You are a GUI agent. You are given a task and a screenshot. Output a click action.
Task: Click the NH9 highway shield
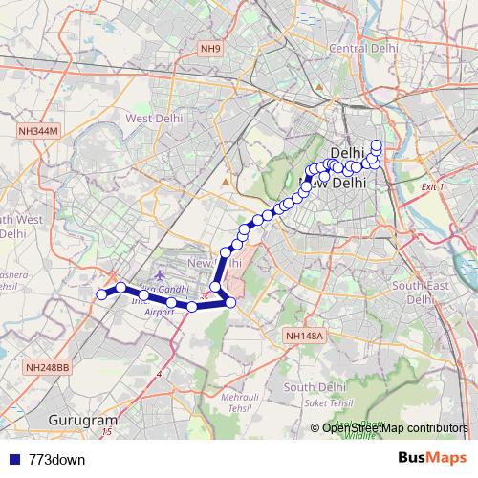[210, 48]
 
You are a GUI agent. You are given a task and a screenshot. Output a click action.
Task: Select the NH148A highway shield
[306, 336]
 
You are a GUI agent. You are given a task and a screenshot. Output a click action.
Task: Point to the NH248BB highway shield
[47, 367]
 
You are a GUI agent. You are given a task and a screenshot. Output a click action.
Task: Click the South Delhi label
[315, 386]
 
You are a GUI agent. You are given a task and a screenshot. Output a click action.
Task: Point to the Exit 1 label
[433, 186]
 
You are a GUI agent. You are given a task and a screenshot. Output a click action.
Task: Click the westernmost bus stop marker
[100, 294]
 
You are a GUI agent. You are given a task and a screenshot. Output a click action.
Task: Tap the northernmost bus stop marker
[377, 145]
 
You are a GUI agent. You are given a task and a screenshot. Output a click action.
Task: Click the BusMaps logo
[431, 458]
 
